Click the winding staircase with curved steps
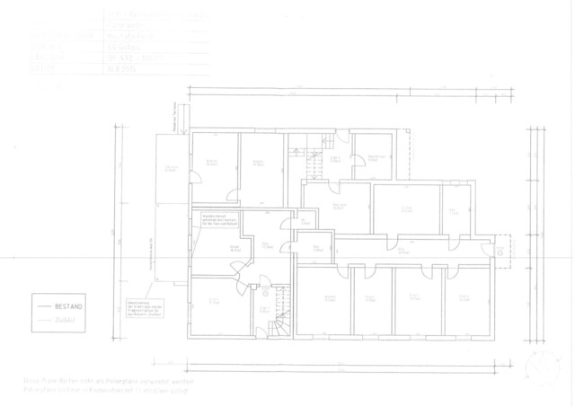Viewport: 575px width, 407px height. (x=281, y=320)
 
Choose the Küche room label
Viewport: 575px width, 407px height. (x=235, y=249)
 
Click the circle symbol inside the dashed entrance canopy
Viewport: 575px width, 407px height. (x=495, y=253)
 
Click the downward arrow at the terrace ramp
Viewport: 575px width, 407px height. (x=182, y=116)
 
